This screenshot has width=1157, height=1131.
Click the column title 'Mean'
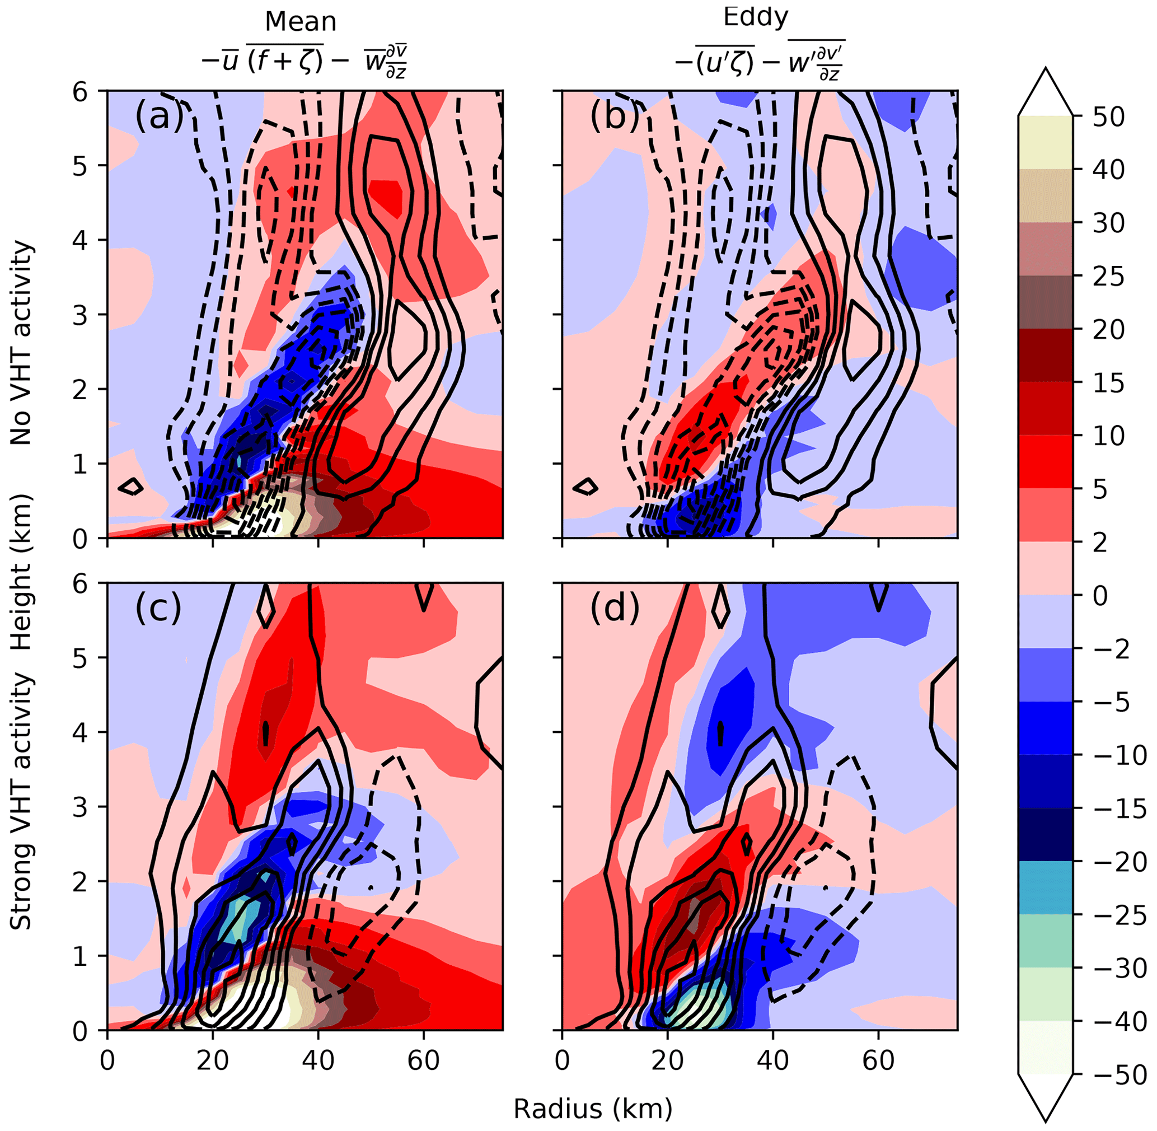[301, 22]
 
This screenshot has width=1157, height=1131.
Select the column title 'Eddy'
[756, 17]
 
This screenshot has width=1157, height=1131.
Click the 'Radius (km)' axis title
[593, 1109]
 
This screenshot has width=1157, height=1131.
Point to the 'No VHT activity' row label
[21, 343]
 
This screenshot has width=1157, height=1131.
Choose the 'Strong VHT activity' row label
[21, 802]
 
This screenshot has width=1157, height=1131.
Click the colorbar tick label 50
[1109, 117]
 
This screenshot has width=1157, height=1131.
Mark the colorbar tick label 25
[1109, 277]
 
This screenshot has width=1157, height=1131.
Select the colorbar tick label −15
[1119, 809]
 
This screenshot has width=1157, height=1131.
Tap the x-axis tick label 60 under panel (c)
[424, 1060]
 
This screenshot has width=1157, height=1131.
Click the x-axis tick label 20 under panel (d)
[668, 1060]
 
